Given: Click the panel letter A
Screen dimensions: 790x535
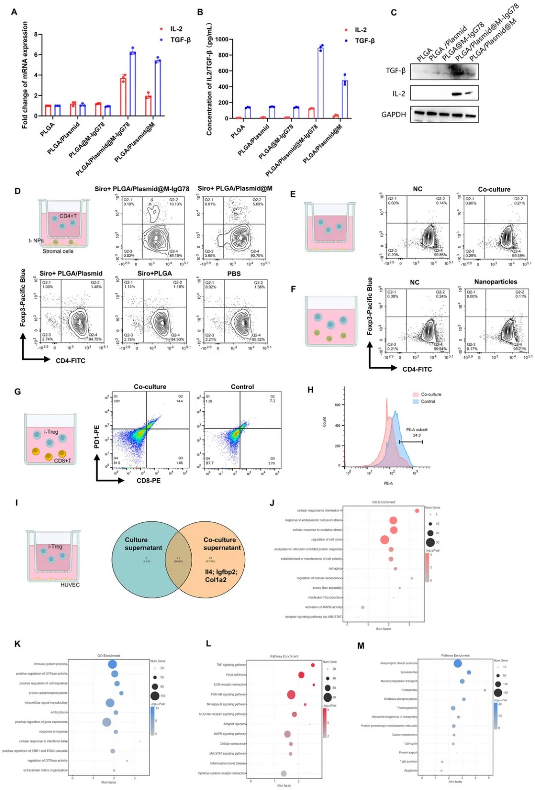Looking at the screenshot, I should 14,12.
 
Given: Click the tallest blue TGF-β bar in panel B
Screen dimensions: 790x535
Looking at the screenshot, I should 321,82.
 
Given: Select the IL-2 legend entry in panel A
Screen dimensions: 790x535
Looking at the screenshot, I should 176,29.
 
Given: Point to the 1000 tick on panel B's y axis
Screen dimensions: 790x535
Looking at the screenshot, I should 222,39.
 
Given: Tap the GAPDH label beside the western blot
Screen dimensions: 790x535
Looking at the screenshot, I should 393,114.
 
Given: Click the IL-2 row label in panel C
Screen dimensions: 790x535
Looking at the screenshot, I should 398,94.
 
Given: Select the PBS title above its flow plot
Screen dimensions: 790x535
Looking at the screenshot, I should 234,274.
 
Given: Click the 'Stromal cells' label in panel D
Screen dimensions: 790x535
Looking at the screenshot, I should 58,251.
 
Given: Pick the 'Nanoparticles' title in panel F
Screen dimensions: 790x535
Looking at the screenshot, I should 495,282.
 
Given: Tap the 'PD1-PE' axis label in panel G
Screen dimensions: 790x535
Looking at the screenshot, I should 97,436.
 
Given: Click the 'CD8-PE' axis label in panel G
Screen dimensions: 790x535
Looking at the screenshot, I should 149,480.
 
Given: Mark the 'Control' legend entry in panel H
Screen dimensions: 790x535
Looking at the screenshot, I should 428,401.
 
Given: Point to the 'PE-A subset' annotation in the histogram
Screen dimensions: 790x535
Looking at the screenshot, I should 417,430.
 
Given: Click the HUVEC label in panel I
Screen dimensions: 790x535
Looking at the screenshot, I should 70,585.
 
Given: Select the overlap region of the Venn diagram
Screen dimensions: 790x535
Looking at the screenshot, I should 178,559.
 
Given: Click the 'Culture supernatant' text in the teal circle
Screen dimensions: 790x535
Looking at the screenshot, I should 143,544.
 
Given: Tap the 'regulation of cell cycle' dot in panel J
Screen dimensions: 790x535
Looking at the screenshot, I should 384,539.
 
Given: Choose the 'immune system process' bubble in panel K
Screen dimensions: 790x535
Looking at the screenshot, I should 112,664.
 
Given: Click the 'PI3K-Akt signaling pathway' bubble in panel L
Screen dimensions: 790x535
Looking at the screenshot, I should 291,694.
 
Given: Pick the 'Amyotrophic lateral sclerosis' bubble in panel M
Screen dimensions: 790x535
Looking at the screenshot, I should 457,663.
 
